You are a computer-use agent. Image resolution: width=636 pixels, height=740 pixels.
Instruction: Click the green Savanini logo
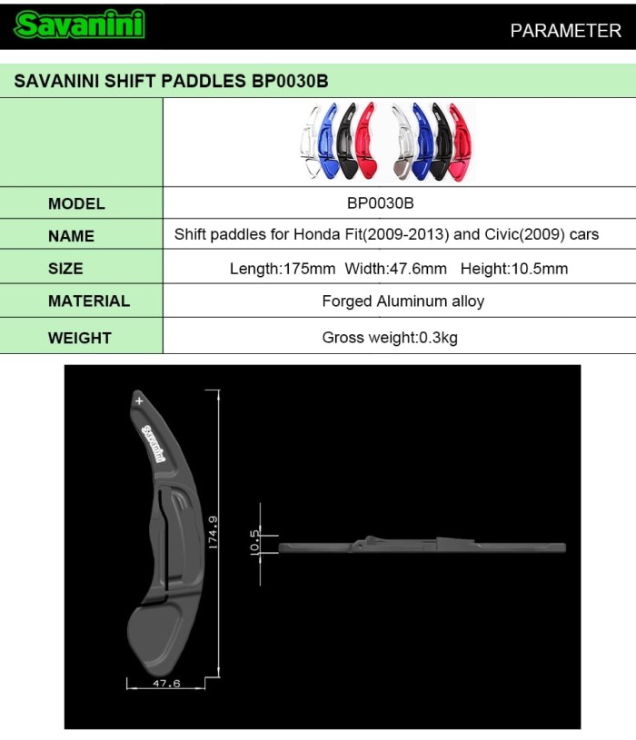coord(79,25)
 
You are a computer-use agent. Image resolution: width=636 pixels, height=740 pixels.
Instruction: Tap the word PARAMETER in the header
coord(565,30)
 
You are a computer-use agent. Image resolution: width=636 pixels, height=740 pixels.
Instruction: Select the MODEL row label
coord(76,203)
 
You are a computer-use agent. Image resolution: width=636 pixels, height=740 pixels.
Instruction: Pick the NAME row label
coord(71,236)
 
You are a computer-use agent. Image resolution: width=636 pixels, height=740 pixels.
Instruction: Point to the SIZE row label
coord(65,269)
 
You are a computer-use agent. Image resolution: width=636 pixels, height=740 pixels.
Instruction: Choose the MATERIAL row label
coord(88,301)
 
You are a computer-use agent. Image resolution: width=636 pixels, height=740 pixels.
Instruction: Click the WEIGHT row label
coord(79,338)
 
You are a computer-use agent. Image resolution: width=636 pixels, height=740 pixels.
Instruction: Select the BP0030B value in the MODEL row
coord(381,203)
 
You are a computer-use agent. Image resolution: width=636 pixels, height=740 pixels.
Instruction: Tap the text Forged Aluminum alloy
coord(402,301)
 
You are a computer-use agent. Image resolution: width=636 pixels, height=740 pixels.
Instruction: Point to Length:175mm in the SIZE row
coord(283,269)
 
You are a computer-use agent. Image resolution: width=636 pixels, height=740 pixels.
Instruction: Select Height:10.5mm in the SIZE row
coord(513,269)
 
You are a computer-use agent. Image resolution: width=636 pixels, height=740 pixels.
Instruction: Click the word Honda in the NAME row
coord(314,234)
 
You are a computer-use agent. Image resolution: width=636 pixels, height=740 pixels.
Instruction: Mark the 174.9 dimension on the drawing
coord(212,534)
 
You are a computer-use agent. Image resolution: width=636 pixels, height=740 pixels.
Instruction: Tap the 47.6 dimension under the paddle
coord(165,683)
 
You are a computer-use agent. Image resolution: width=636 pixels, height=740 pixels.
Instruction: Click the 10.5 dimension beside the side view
coord(255,542)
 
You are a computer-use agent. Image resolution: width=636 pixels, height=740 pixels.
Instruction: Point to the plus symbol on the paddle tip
coord(139,400)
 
